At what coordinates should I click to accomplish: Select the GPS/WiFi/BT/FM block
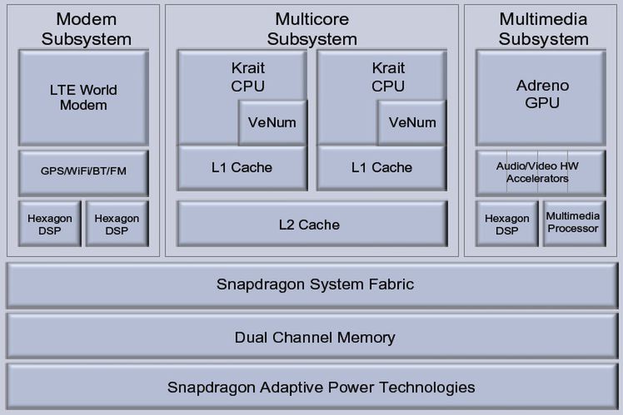[83, 172]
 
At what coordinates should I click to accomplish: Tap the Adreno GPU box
[543, 96]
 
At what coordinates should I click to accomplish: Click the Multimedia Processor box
[573, 222]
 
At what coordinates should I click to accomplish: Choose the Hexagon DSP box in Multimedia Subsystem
[506, 223]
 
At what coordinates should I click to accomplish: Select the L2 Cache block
[309, 225]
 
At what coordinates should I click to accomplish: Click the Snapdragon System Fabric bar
[315, 284]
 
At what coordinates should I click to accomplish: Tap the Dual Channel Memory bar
[315, 337]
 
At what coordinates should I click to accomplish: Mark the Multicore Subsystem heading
[311, 28]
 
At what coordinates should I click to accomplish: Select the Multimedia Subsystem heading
[542, 28]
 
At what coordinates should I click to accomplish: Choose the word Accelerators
[537, 178]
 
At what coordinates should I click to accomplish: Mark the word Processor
[573, 228]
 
